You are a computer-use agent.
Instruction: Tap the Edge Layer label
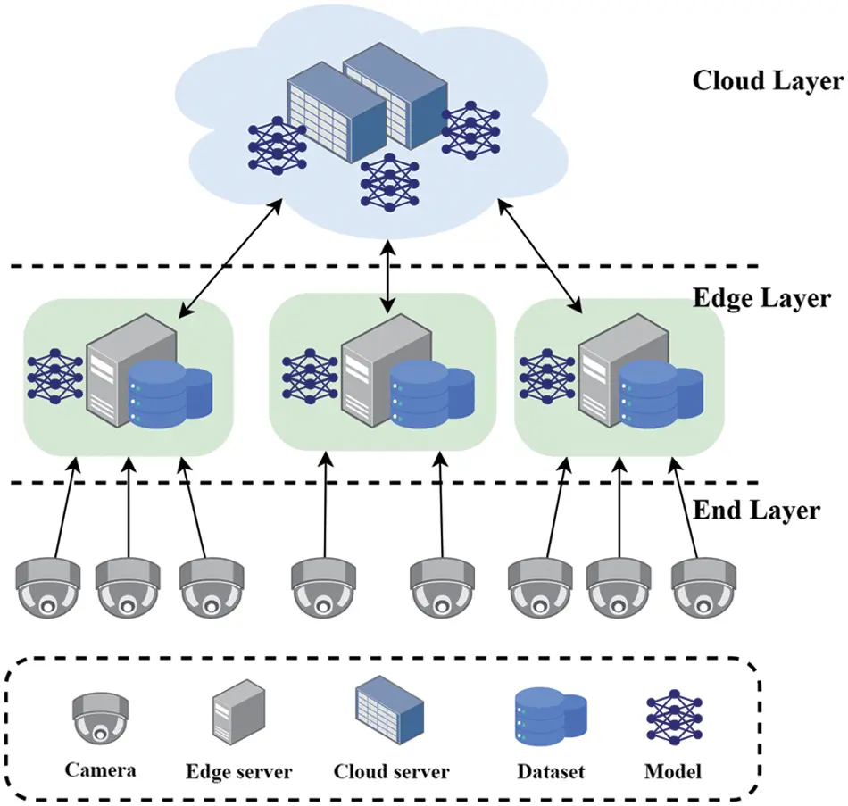coord(761,297)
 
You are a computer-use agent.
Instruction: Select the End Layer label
coord(756,511)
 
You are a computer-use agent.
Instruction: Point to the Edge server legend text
coord(238,770)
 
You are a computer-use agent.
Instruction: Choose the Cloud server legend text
coord(391,770)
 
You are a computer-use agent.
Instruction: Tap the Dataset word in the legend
coord(549,770)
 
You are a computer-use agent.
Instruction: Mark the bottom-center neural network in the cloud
coord(389,181)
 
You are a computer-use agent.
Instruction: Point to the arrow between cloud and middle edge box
coord(387,278)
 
